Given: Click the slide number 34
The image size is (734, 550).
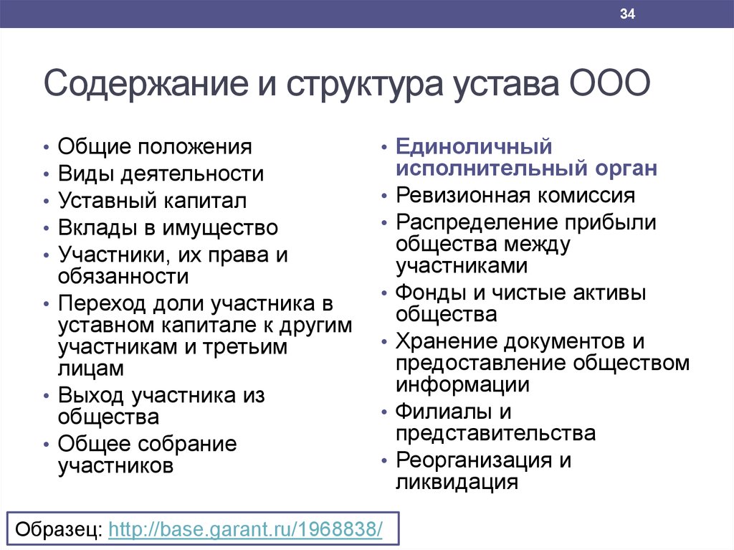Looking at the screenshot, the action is (627, 14).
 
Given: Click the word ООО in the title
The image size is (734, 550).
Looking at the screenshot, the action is (609, 83).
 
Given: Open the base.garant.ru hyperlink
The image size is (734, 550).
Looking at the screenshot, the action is (245, 529).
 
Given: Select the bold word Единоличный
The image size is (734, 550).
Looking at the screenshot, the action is (474, 147).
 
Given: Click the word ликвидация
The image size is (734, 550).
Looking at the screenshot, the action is (457, 483).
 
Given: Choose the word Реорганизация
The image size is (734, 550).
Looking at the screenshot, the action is (474, 461).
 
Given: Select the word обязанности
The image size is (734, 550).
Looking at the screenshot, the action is (123, 276).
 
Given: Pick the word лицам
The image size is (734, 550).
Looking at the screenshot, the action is (91, 369).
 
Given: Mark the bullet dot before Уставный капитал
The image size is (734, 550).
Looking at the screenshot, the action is (46, 201).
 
